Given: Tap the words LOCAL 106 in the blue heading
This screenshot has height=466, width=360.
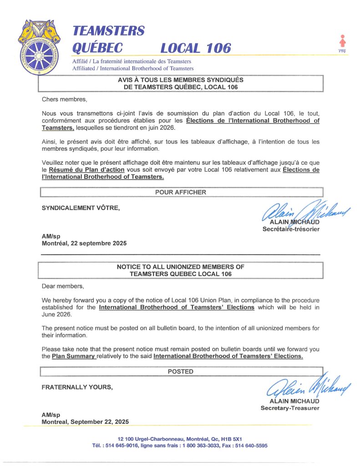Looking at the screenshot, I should [196, 48].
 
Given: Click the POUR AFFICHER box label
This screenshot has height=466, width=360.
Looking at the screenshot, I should [180, 192].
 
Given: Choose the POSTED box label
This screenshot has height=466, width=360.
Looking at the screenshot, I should [180, 371].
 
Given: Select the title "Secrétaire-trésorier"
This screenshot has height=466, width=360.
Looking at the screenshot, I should [291, 229].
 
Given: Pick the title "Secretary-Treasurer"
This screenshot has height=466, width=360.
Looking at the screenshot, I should [289, 408].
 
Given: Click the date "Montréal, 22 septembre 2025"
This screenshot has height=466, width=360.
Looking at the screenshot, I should [84, 243].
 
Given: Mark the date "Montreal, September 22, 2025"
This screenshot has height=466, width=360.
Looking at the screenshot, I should [85, 422].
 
